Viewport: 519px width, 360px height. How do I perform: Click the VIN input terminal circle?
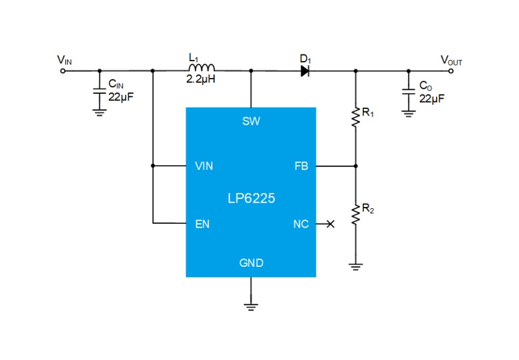[62, 71]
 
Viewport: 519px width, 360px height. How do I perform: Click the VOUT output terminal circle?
[451, 71]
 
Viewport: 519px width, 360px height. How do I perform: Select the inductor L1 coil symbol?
[201, 68]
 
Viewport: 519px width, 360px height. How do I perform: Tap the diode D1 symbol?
[305, 71]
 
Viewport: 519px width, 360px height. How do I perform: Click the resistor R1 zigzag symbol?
[356, 117]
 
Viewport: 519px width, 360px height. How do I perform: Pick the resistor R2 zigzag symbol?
[356, 215]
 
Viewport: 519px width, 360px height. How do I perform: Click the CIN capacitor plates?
[99, 91]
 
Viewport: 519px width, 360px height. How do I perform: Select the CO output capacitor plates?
[409, 92]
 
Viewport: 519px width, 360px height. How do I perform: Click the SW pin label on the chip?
[251, 121]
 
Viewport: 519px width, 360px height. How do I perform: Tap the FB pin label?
[301, 166]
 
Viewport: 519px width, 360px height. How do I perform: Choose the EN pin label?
[202, 224]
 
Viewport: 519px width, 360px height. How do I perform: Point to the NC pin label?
[301, 224]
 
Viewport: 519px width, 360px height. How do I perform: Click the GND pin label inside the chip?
[251, 263]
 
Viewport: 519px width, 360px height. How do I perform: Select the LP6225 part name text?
[251, 198]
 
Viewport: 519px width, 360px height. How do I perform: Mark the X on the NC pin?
[330, 224]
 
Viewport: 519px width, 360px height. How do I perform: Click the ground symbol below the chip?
[251, 307]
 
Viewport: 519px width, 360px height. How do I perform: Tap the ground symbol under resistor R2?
[356, 267]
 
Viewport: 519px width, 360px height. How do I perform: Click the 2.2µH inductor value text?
[201, 79]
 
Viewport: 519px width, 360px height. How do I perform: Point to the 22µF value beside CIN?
[121, 97]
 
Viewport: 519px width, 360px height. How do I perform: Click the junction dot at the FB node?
[356, 166]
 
